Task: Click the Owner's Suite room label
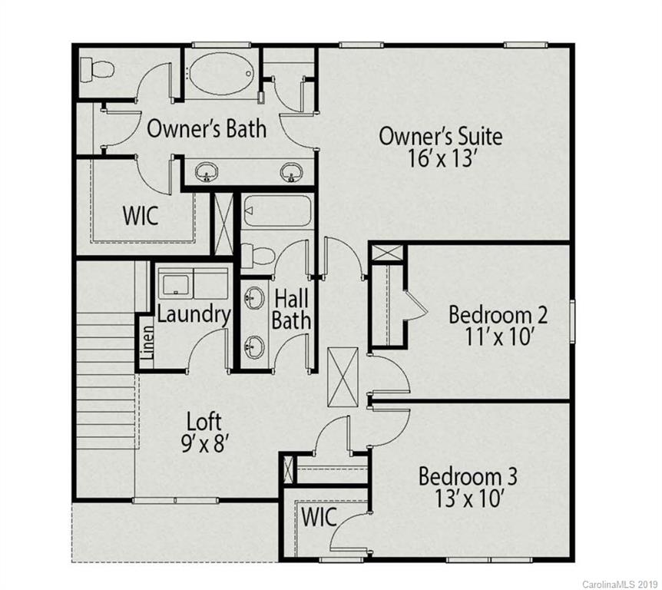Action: tap(441, 137)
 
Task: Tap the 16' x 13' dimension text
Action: tap(441, 161)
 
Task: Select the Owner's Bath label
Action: tap(207, 128)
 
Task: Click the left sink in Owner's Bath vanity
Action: tap(206, 172)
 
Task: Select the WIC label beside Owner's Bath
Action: tap(141, 216)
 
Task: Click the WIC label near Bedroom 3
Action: tap(319, 517)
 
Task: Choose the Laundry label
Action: tap(194, 314)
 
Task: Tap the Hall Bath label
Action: tap(293, 308)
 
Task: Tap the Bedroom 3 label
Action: tap(468, 476)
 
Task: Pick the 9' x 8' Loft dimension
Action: tap(204, 443)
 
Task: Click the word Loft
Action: tap(204, 421)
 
